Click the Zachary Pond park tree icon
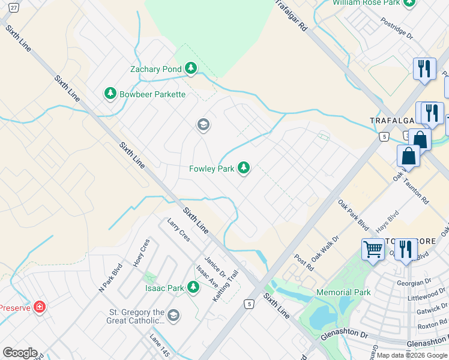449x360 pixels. [191, 69]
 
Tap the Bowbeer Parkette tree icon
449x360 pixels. [110, 94]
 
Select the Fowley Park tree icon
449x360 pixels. [244, 168]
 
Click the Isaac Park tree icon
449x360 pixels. [193, 287]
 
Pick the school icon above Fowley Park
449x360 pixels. [203, 125]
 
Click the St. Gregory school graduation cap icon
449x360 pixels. [173, 316]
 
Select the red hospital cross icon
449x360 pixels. [40, 307]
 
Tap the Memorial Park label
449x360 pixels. [343, 292]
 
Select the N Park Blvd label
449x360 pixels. [110, 277]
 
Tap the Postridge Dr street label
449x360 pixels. [397, 28]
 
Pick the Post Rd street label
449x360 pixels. [304, 261]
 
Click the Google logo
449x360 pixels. [20, 353]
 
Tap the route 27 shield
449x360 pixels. [14, 7]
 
